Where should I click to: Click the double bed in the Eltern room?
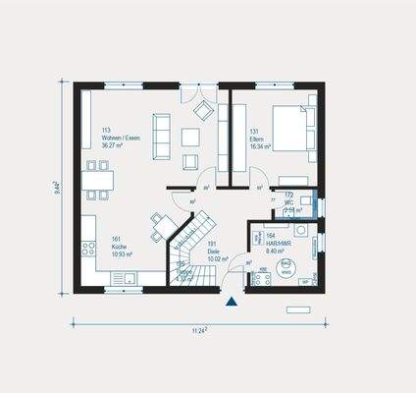pos(291,129)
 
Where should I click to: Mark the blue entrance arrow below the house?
pos(231,302)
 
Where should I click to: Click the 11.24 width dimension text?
pos(197,332)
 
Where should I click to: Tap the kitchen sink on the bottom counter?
pos(126,279)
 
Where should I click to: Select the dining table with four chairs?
pos(98,180)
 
